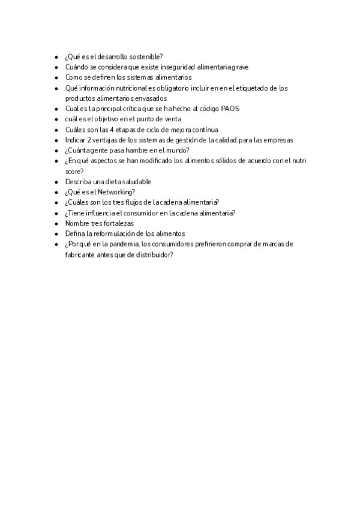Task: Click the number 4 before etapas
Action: (112, 130)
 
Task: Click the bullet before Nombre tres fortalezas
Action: (56, 223)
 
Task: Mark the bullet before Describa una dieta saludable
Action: (56, 182)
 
